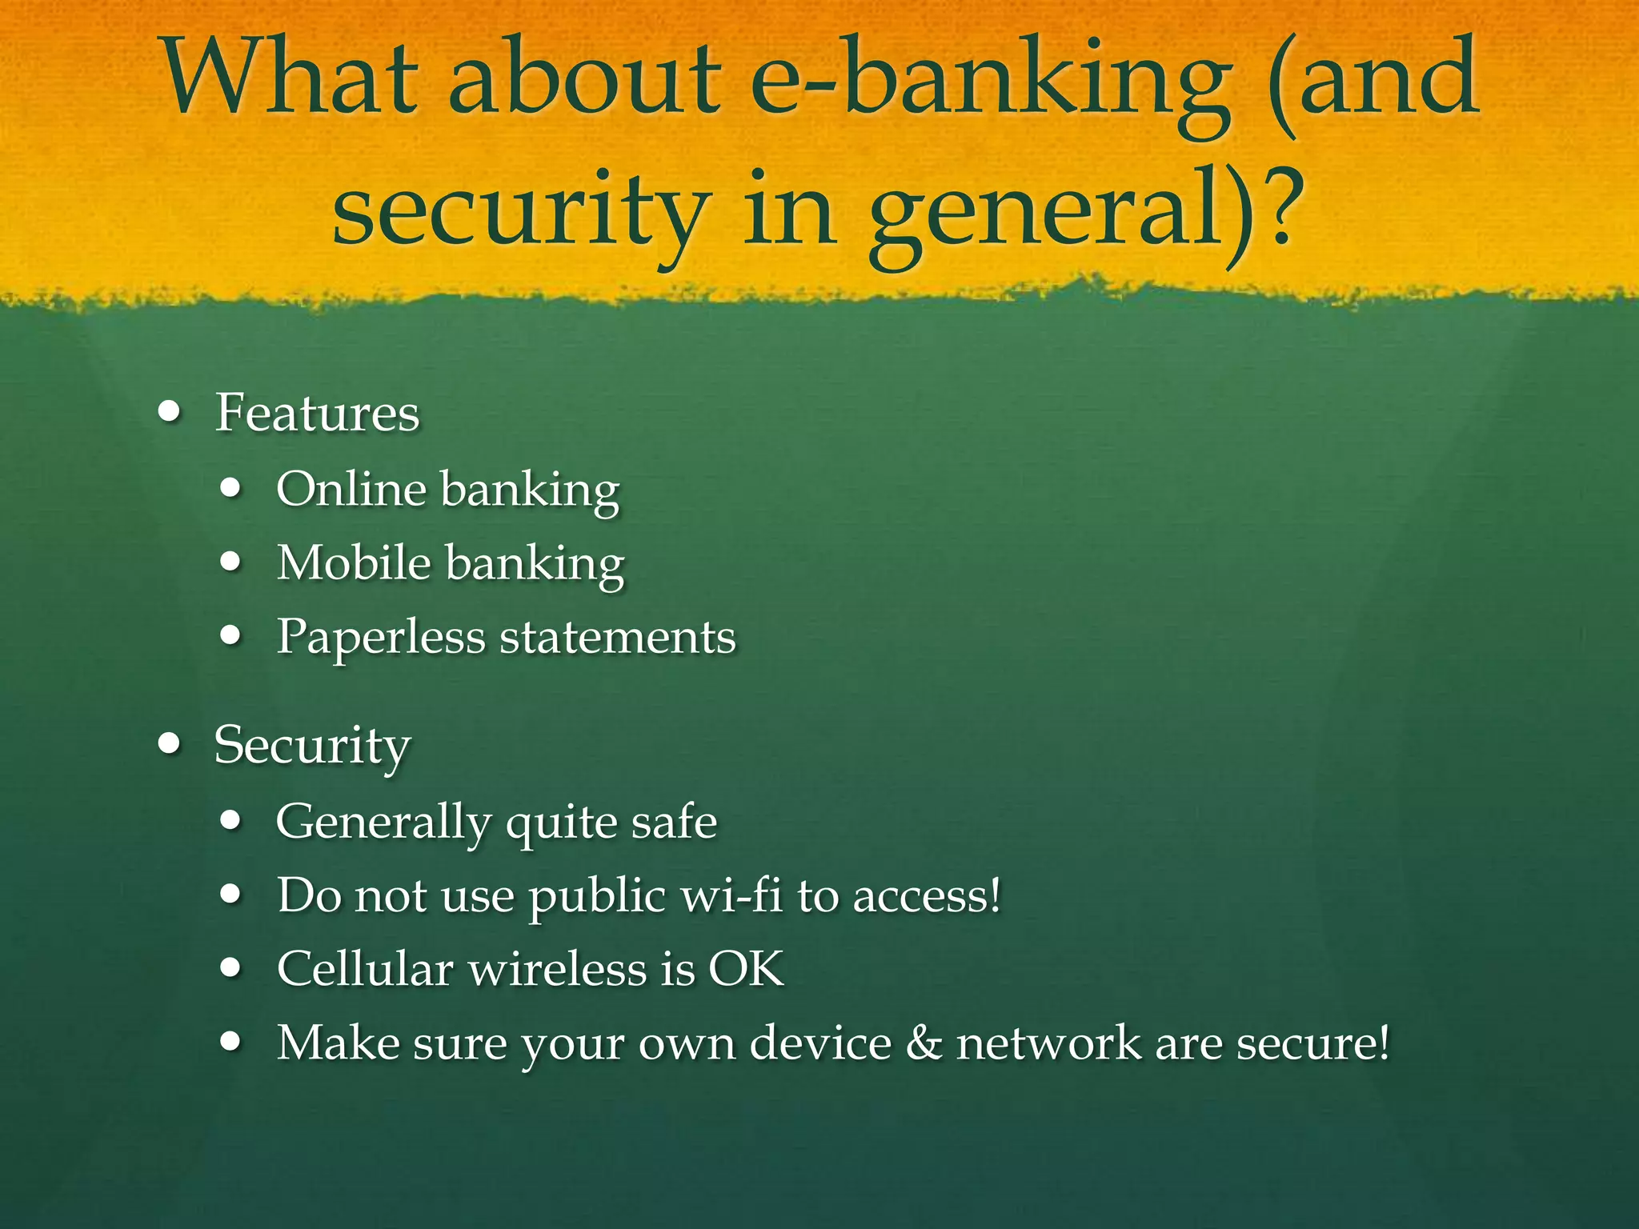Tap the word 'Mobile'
[354, 562]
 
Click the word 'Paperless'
[381, 638]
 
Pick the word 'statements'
[617, 638]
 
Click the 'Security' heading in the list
[312, 746]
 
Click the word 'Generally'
[383, 823]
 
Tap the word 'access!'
[927, 896]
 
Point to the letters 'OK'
[746, 969]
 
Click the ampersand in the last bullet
[924, 1043]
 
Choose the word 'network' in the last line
[1048, 1043]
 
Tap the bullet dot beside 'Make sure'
[230, 1042]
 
